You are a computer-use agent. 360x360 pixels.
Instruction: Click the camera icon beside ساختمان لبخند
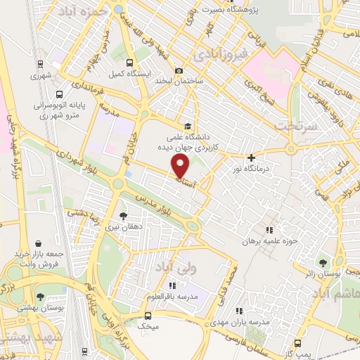(x=179, y=70)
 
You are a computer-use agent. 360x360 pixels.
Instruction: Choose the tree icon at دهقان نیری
(x=124, y=216)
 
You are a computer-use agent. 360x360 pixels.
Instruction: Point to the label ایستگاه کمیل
(x=127, y=73)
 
